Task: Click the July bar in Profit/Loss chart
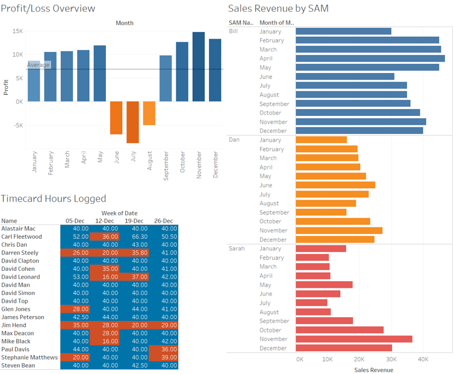click(x=132, y=122)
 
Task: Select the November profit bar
click(x=198, y=66)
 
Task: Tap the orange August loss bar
click(x=149, y=113)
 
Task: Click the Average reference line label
click(x=39, y=65)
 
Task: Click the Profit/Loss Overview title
click(x=48, y=8)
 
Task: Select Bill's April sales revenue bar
click(x=370, y=59)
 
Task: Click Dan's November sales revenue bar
click(x=338, y=230)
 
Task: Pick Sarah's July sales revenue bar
click(x=311, y=303)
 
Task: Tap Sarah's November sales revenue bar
click(x=353, y=339)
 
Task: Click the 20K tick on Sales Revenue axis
click(x=359, y=359)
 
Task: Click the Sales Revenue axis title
click(x=373, y=370)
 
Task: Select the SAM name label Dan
click(x=234, y=139)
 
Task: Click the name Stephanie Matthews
click(x=30, y=357)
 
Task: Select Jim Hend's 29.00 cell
click(x=166, y=325)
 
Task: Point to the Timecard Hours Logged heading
click(x=54, y=198)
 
